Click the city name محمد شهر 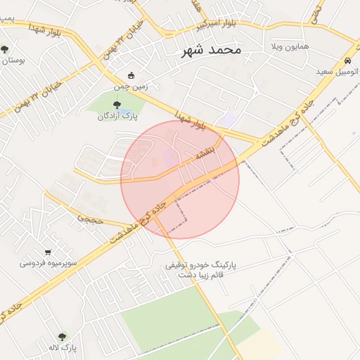pyautogui.click(x=211, y=51)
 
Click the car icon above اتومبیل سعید pyautogui.click(x=348, y=61)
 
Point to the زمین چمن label pyautogui.click(x=131, y=87)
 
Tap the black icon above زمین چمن pyautogui.click(x=131, y=75)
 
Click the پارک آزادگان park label pyautogui.click(x=116, y=116)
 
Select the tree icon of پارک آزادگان pyautogui.click(x=117, y=105)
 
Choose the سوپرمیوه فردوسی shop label pyautogui.click(x=49, y=264)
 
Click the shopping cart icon pyautogui.click(x=48, y=252)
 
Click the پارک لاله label pyautogui.click(x=62, y=348)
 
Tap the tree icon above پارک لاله pyautogui.click(x=62, y=337)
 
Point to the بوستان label pyautogui.click(x=13, y=60)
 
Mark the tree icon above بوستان pyautogui.click(x=5, y=49)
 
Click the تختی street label pyautogui.click(x=317, y=10)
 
